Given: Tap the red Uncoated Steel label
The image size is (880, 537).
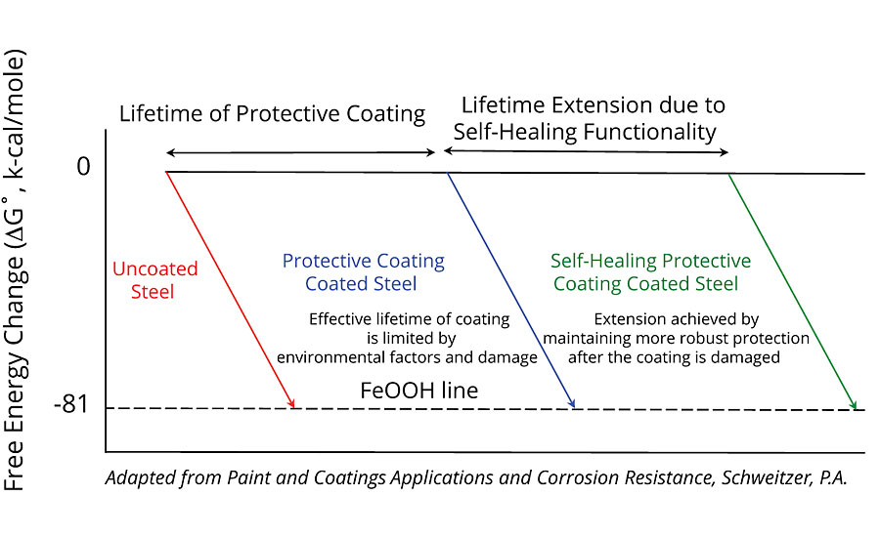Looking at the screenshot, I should coord(154,279).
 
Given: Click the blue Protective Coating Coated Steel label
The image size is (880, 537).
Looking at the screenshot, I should coord(363,272).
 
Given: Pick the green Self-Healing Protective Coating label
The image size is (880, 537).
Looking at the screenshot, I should coord(650,272).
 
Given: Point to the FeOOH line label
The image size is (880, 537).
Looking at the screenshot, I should coord(418,391).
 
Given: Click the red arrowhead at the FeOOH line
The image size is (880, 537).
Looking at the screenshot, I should coord(292,403).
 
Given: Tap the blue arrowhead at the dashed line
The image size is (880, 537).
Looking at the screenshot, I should coord(572,403).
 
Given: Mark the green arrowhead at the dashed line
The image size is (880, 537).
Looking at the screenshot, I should coord(854,405).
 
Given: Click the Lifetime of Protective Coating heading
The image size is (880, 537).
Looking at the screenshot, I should coord(272,113).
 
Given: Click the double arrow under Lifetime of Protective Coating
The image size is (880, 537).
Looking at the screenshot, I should coord(300,152).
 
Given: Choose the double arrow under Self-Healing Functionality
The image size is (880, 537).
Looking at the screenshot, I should coord(586,152).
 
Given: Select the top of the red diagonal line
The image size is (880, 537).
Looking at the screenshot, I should coord(166,173).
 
